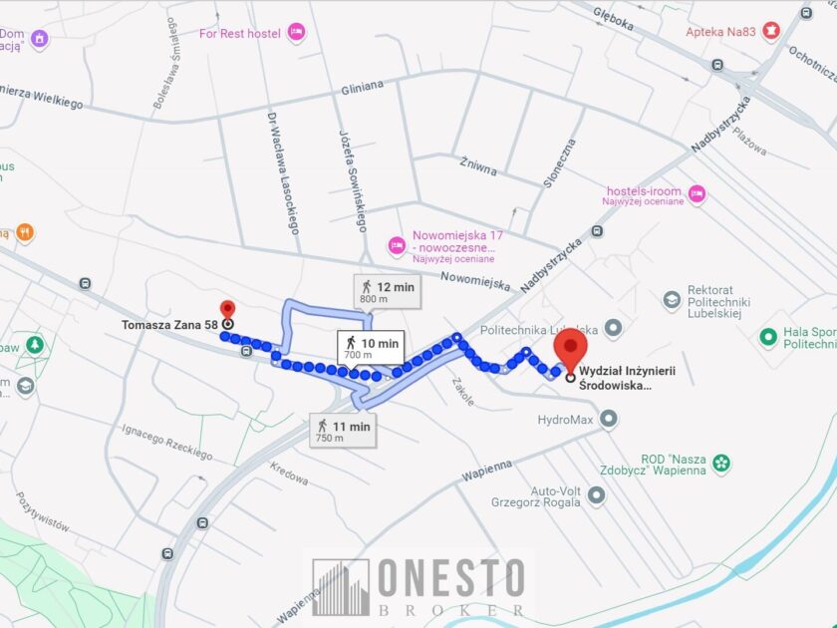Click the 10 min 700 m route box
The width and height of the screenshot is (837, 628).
pos(371,348)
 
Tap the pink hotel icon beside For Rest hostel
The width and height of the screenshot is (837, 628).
pos(296,34)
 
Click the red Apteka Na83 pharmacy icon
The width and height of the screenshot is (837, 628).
pos(769,32)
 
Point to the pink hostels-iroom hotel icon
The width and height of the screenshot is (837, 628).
pos(697,193)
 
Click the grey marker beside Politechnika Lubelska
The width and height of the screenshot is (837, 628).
pos(613,328)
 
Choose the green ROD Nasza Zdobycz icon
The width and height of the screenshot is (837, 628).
pos(721,463)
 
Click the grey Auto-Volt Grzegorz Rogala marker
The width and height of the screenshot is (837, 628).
pos(597,494)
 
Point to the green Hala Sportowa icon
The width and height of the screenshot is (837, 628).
pos(768,337)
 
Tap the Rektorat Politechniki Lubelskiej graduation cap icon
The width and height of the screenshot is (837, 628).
pos(673,299)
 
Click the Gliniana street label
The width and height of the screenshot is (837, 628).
pos(362,87)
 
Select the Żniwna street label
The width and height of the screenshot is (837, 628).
pos(478,165)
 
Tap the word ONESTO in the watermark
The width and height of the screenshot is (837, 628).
pos(451,579)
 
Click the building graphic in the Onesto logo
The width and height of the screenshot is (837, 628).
pos(341,586)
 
